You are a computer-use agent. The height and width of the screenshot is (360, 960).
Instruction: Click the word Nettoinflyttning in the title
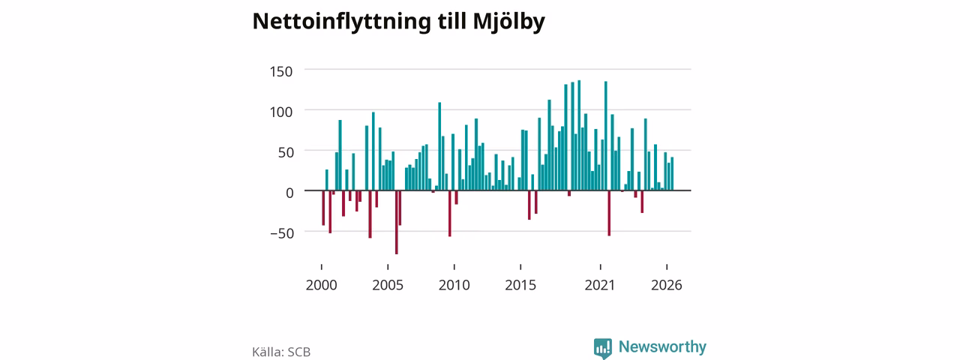tap(341, 22)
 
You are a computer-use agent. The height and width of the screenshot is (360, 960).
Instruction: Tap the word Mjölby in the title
tap(508, 22)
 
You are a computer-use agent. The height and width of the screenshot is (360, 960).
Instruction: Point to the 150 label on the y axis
tap(280, 71)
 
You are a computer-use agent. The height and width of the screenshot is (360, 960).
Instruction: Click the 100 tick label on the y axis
tap(280, 112)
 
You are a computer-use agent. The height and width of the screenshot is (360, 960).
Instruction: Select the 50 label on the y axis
tap(286, 152)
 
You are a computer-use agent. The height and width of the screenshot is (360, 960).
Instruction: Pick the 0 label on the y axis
tap(289, 193)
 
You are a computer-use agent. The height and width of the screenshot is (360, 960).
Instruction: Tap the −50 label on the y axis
tap(282, 233)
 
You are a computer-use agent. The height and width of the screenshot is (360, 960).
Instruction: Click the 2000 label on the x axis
tap(322, 285)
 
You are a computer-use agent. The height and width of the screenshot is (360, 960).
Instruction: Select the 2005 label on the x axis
tap(388, 285)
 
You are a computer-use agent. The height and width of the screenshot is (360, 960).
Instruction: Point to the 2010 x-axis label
tap(454, 285)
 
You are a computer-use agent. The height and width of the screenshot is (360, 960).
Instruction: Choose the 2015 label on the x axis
tap(520, 285)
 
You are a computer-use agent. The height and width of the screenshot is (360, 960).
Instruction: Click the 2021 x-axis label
tap(600, 285)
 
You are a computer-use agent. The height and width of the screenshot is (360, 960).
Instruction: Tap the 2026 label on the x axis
tap(667, 285)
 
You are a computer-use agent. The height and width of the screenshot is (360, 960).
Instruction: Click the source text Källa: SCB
tap(281, 352)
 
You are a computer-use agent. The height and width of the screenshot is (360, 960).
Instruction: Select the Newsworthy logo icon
tap(603, 348)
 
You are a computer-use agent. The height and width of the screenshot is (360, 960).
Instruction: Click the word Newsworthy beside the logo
tap(662, 346)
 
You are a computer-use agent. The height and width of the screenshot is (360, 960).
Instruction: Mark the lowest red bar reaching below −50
tap(397, 223)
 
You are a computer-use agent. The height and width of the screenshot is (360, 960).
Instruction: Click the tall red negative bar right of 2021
tap(609, 214)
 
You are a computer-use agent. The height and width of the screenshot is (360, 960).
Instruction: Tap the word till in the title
tap(451, 22)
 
